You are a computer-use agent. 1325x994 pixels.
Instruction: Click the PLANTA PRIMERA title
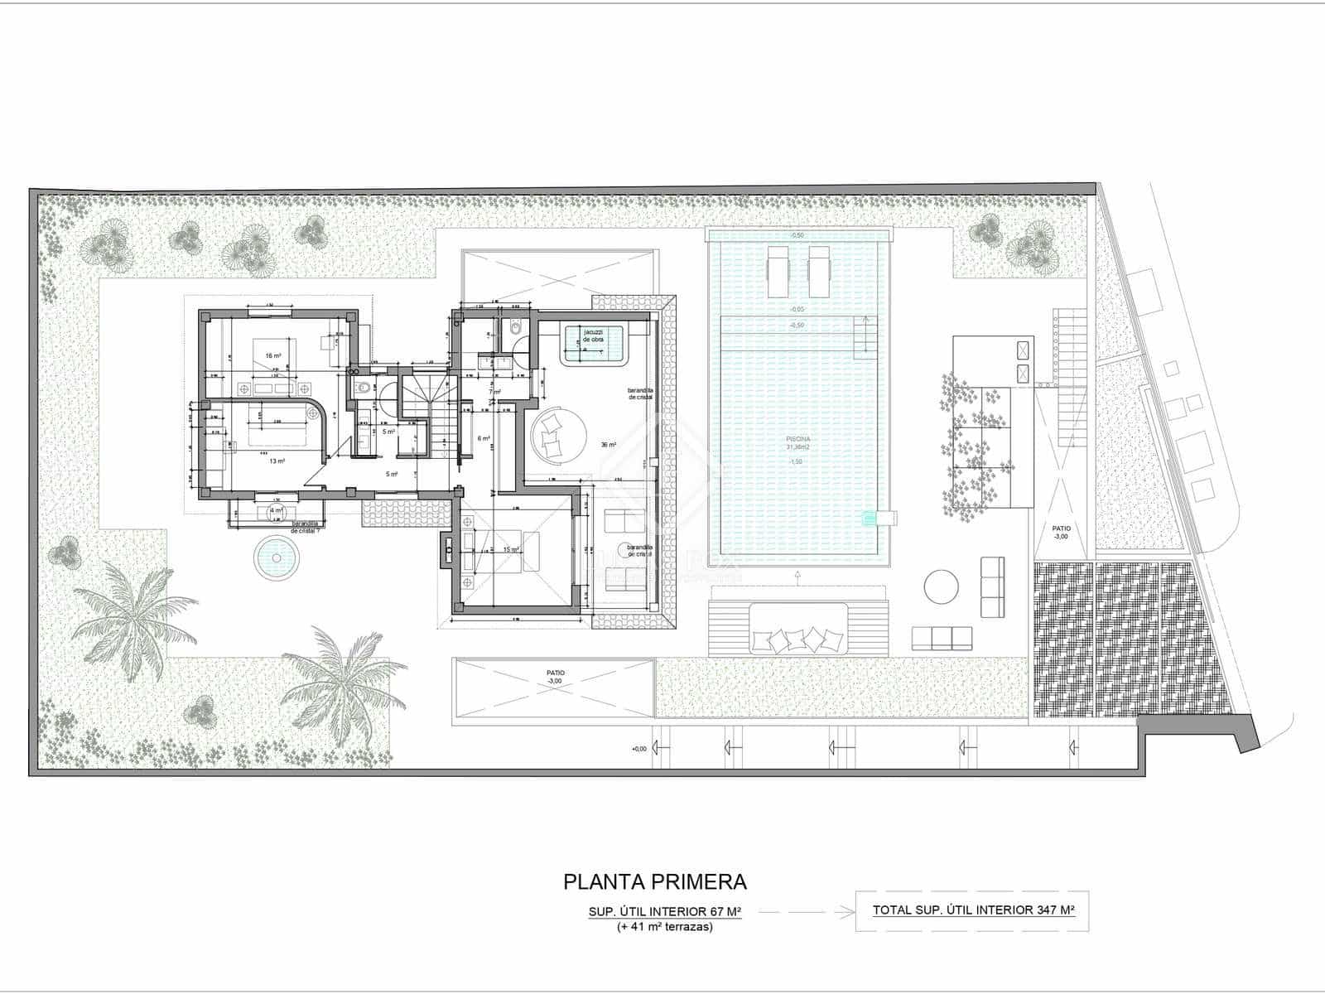(x=655, y=881)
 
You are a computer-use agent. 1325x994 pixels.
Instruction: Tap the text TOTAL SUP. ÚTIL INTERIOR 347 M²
(x=973, y=910)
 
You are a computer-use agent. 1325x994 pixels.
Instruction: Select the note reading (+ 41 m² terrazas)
(x=665, y=927)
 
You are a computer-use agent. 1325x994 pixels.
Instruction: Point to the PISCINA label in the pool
(x=799, y=440)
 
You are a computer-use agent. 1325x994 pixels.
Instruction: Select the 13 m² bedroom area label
(x=277, y=461)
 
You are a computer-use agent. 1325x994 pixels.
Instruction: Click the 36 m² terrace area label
(x=609, y=445)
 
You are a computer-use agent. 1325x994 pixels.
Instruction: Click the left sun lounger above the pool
(x=780, y=271)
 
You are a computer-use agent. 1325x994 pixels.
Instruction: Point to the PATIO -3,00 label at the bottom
(x=554, y=677)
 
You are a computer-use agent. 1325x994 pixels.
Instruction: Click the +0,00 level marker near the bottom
(x=638, y=749)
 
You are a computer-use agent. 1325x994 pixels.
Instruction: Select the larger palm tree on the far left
(x=132, y=617)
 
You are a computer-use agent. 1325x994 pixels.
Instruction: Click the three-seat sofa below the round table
(x=942, y=638)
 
